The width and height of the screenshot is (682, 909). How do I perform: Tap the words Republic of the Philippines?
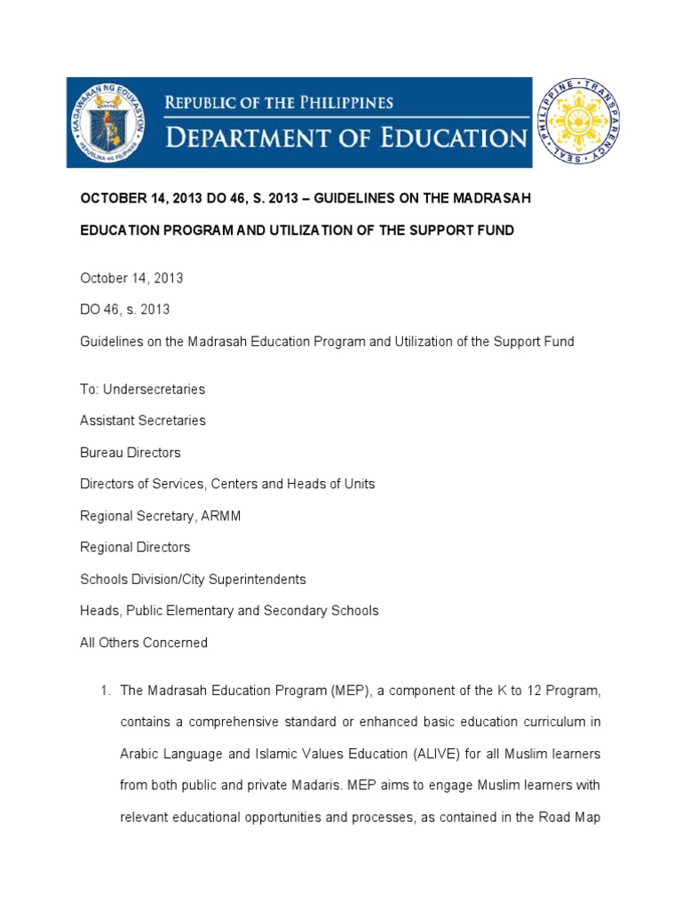(x=279, y=103)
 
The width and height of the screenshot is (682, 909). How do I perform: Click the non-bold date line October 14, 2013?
(x=131, y=278)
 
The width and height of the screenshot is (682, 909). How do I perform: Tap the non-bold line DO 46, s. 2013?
(x=124, y=310)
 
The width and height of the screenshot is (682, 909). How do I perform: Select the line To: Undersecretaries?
(x=142, y=389)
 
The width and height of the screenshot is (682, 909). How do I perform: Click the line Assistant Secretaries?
(x=142, y=420)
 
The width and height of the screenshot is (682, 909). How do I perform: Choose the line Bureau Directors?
(x=130, y=452)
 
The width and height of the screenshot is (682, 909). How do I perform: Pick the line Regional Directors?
(x=135, y=547)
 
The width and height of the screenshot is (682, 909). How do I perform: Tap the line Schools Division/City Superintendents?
(x=193, y=579)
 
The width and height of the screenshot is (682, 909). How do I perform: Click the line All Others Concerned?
(x=144, y=643)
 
